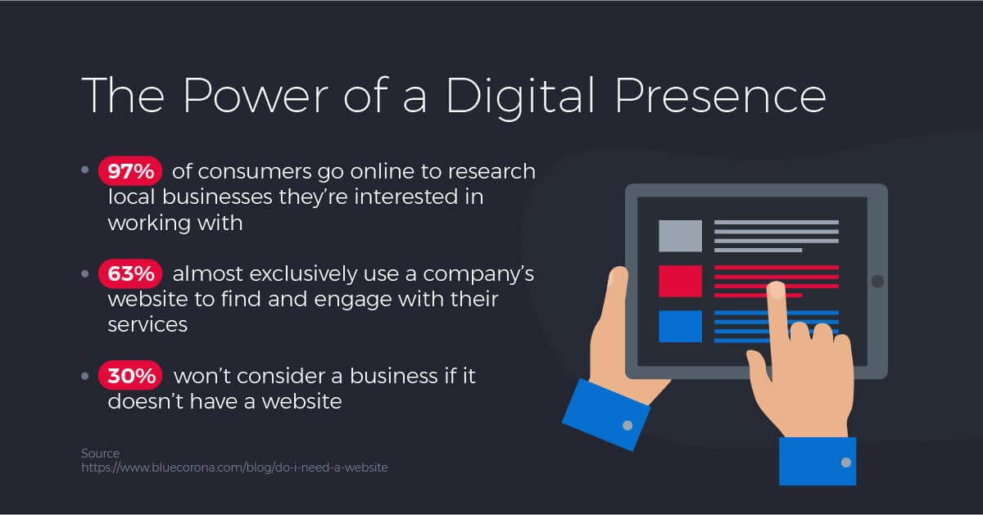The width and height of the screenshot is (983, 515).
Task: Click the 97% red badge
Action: pyautogui.click(x=131, y=171)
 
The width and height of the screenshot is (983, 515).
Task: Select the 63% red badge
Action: pyautogui.click(x=131, y=273)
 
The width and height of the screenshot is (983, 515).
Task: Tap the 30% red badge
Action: pyautogui.click(x=131, y=376)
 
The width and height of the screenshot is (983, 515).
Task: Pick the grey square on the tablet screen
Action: pyautogui.click(x=680, y=236)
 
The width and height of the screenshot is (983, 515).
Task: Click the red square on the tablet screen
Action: pyautogui.click(x=680, y=281)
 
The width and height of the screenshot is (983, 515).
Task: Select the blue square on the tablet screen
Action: pyautogui.click(x=680, y=326)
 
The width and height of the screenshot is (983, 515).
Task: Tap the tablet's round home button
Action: pyautogui.click(x=877, y=282)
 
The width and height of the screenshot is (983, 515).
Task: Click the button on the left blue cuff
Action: pyautogui.click(x=627, y=426)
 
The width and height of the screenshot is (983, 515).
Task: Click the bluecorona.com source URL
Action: pyautogui.click(x=234, y=468)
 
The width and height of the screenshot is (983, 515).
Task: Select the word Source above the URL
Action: pyautogui.click(x=100, y=453)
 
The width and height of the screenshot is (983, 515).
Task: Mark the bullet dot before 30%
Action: pyautogui.click(x=85, y=377)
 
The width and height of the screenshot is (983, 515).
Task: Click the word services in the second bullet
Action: pyautogui.click(x=147, y=324)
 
